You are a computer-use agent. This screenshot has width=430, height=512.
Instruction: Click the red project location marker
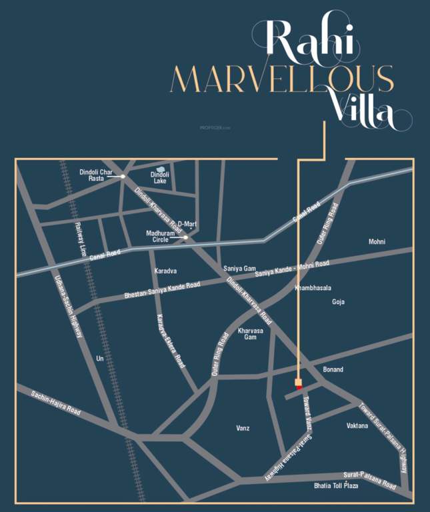298,383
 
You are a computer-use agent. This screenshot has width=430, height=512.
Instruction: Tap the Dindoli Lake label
160,177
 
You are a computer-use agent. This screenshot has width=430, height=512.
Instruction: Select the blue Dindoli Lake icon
160,169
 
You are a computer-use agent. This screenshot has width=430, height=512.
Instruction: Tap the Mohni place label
377,241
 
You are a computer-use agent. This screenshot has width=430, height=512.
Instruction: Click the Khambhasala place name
313,288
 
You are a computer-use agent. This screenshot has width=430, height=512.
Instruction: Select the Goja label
339,302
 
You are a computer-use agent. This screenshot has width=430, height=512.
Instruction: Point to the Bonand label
333,369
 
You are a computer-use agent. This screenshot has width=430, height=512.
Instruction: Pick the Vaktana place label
357,425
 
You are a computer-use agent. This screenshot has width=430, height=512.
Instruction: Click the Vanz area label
243,428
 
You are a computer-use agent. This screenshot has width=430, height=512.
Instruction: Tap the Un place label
100,359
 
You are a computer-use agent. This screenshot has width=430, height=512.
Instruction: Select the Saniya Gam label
240,269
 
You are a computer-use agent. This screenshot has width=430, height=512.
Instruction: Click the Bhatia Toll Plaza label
337,486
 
